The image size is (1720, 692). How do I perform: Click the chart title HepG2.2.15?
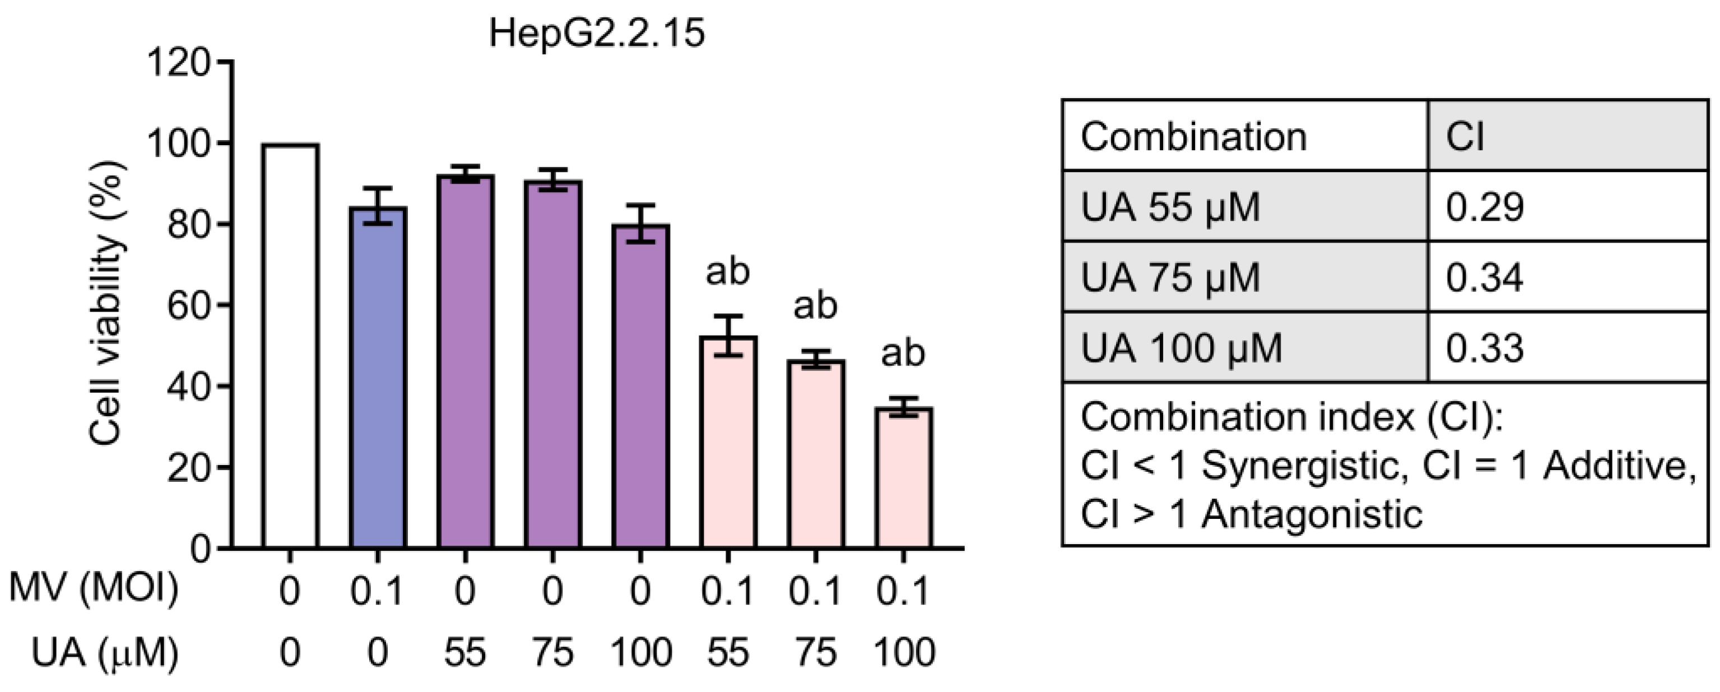596,34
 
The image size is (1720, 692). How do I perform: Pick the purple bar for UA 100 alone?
640,387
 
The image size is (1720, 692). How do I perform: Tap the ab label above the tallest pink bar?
728,272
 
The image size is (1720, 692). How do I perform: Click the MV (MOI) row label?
94,589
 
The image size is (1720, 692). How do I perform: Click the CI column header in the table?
1465,137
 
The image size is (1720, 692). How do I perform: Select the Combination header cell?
1193,137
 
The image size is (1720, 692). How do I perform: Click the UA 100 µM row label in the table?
1181,348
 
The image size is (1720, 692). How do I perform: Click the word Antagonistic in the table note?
1312,514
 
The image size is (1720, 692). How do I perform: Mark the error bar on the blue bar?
378,206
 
